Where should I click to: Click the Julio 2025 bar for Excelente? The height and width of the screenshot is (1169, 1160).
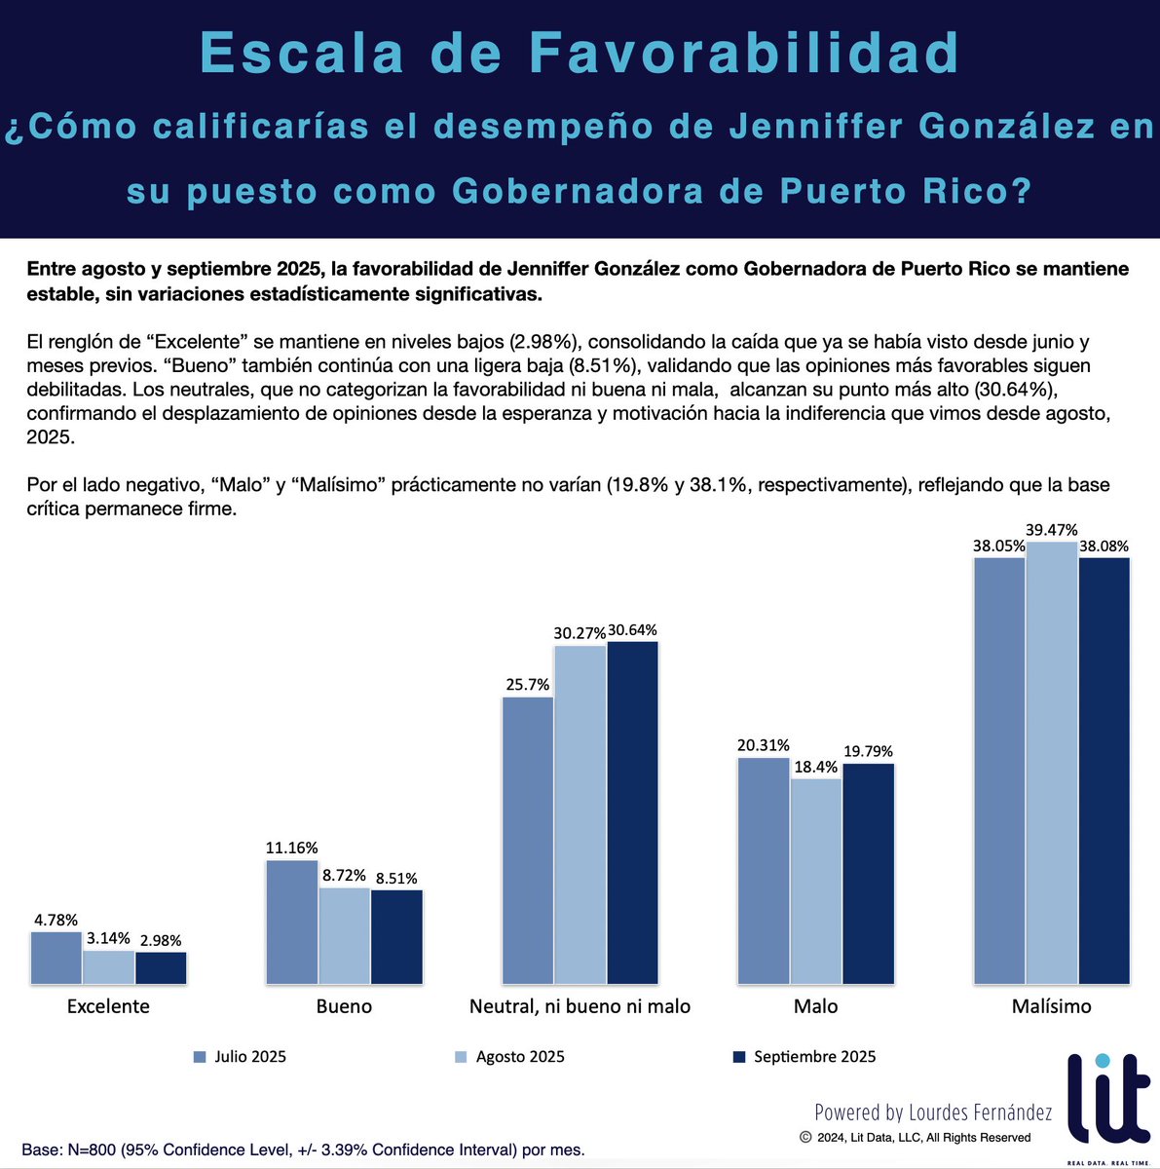pos(56,958)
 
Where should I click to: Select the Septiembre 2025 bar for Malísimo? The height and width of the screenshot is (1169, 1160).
pos(1104,771)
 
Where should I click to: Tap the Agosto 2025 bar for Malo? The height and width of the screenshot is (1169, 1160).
pos(816,881)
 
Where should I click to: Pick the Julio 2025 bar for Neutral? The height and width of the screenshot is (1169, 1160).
pos(528,840)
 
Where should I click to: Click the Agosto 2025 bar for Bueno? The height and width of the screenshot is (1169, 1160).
pos(345,935)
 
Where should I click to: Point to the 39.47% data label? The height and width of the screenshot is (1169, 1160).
pos(1051,530)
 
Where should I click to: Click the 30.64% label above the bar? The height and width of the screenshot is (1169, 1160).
pos(633,629)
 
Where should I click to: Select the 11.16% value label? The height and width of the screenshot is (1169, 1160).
pos(291,848)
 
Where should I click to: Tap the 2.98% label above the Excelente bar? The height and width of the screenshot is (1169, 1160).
pos(161,940)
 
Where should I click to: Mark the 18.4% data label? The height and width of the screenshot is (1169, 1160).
pos(816,767)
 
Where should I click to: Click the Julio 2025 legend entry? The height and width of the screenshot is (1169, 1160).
pos(241,1057)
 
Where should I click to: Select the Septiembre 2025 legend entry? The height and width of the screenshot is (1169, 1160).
pos(804,1057)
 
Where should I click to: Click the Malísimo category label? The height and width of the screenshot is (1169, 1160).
pos(1051,1006)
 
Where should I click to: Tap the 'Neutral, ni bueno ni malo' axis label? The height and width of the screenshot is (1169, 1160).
pos(580,1006)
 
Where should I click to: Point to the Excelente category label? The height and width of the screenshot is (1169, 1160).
pos(108,1006)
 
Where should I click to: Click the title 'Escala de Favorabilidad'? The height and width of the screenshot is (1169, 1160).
pos(580,54)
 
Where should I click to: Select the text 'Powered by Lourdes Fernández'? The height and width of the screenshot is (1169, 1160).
pos(933,1112)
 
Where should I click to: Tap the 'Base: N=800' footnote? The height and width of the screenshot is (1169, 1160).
pos(303,1150)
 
